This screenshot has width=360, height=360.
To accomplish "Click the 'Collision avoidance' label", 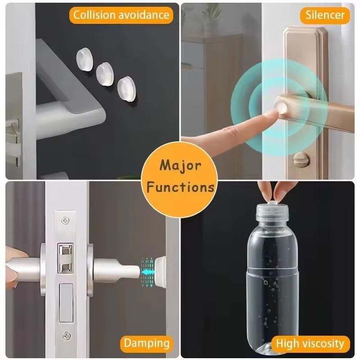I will pyautogui.click(x=121, y=15).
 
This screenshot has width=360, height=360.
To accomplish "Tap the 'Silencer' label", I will pyautogui.click(x=325, y=15).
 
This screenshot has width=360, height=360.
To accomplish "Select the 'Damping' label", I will pyautogui.click(x=147, y=343).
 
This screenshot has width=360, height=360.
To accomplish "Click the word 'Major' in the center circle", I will pyautogui.click(x=180, y=165).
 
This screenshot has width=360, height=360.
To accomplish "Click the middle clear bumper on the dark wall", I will pyautogui.click(x=104, y=72).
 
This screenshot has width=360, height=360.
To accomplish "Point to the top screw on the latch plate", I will pyautogui.click(x=66, y=221).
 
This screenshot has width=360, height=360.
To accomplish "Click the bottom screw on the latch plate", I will pyautogui.click(x=66, y=335).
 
